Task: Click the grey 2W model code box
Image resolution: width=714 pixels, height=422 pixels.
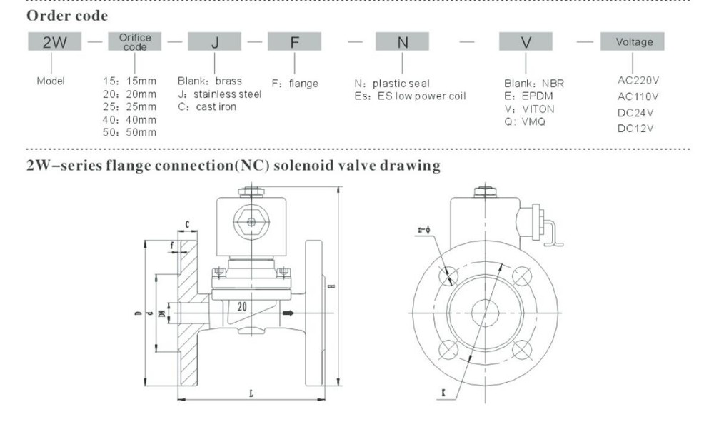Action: click(56, 42)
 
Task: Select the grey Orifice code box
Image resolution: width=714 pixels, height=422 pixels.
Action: click(135, 42)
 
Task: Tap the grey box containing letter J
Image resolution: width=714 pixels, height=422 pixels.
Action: click(215, 42)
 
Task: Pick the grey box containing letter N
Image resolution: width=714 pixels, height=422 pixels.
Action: click(403, 42)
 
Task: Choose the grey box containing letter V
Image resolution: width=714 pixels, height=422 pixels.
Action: click(526, 42)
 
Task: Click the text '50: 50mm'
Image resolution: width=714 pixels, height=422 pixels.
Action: click(129, 132)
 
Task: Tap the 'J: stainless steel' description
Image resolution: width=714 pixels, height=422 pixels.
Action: click(219, 94)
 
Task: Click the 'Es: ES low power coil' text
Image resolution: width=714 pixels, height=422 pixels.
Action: click(410, 96)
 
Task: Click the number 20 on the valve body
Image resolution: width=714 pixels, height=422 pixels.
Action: click(243, 304)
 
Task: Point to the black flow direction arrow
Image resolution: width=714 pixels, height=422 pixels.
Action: click(288, 313)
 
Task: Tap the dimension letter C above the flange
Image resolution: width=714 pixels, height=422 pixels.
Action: click(186, 225)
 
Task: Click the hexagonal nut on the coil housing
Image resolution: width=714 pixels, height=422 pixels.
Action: click(251, 222)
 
